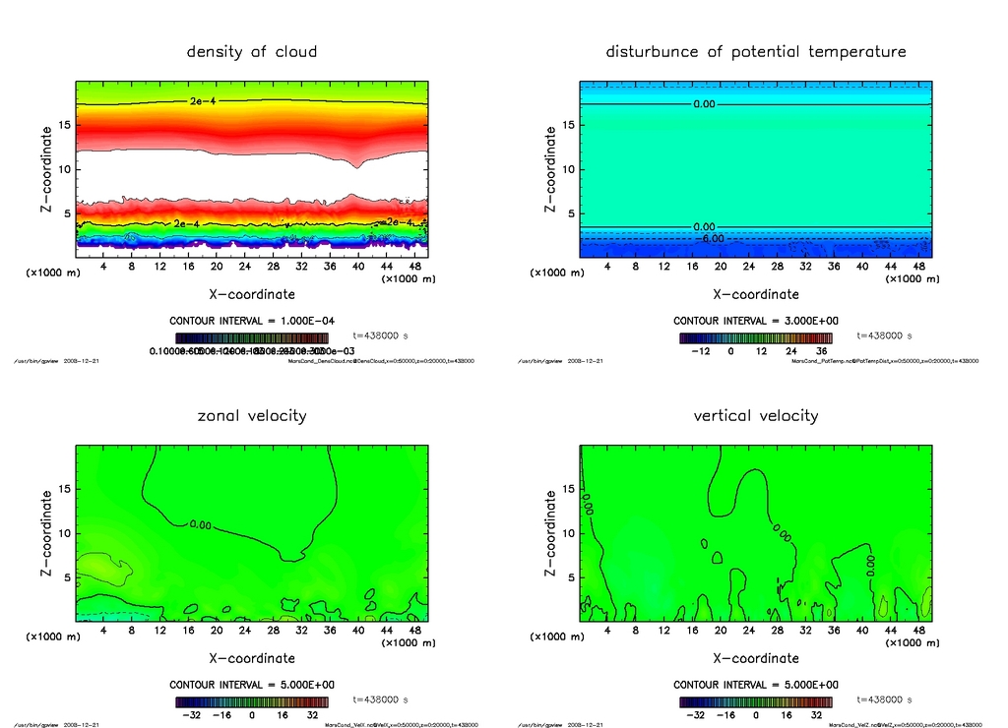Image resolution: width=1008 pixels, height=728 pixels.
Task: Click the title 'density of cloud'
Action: coord(252,51)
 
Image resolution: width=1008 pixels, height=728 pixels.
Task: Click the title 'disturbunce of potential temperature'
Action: coord(755,51)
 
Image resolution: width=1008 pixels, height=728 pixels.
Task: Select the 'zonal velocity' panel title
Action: coord(252,415)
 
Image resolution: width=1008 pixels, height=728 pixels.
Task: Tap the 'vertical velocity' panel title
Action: coord(755,415)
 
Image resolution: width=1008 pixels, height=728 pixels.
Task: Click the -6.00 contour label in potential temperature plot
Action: coord(711,238)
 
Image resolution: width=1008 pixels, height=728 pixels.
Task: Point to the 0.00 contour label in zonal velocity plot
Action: coord(200,524)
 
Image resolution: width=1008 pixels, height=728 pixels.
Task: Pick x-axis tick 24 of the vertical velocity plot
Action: coord(749,632)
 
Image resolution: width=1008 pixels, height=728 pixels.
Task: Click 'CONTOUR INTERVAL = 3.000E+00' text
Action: coord(755,321)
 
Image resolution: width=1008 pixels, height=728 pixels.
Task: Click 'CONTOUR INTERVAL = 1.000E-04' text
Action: coord(252,321)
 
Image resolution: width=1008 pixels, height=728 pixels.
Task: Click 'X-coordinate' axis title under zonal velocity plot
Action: coord(252,657)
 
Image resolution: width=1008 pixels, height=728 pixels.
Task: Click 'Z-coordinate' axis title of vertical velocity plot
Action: coord(549,533)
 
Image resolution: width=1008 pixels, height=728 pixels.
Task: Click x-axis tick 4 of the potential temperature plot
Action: coord(607,268)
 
